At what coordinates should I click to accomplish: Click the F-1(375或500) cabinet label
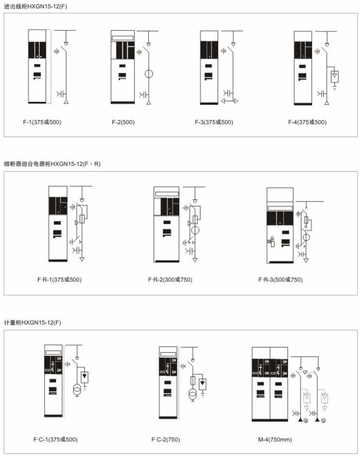[42, 122]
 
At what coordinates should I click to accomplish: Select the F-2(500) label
[123, 122]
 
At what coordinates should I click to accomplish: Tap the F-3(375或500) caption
[214, 122]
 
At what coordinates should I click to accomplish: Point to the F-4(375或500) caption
[307, 122]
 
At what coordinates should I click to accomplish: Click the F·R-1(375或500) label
[59, 280]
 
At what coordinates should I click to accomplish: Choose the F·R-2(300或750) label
[170, 280]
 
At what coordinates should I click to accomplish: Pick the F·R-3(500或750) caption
[281, 280]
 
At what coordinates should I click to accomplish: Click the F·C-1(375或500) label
[56, 440]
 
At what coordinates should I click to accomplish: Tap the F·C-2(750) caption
[166, 440]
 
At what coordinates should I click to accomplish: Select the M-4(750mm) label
[275, 440]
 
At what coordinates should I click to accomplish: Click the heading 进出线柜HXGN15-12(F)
[36, 6]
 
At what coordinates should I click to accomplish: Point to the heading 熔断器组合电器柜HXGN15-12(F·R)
[53, 164]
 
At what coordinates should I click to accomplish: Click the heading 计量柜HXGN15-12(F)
[32, 323]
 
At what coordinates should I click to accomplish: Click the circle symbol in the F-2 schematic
[145, 74]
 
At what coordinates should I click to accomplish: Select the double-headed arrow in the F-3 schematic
[230, 101]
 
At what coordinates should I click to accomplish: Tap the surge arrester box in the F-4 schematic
[335, 77]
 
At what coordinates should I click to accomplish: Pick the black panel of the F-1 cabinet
[37, 50]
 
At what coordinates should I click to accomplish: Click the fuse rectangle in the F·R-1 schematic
[82, 219]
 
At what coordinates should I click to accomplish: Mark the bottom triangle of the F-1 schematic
[66, 102]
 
